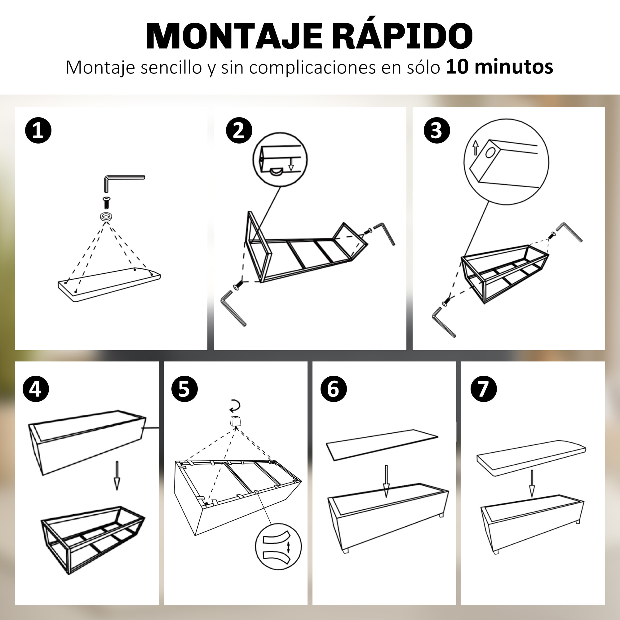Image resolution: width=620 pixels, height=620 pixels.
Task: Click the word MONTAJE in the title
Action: (x=234, y=36)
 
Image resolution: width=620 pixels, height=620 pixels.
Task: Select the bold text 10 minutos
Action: (x=499, y=67)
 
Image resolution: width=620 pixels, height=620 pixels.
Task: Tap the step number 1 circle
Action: (x=38, y=131)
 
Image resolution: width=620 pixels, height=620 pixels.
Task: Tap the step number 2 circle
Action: (x=239, y=131)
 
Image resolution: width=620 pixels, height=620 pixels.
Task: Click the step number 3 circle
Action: (x=437, y=131)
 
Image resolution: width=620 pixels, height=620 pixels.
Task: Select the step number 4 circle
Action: (x=36, y=389)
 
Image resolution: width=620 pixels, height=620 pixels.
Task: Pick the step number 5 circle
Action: (x=184, y=389)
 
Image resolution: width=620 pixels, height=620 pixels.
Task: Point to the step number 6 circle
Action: (x=334, y=389)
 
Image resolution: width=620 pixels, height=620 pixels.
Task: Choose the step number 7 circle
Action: (x=484, y=389)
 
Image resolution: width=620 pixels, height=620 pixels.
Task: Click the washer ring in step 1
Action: (x=107, y=217)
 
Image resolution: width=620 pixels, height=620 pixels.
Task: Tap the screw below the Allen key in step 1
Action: (x=107, y=202)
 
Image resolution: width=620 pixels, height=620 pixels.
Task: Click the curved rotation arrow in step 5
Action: (x=235, y=405)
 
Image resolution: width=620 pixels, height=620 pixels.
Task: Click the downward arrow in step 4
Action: (x=117, y=476)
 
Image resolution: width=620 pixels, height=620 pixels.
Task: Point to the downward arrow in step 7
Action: (x=532, y=483)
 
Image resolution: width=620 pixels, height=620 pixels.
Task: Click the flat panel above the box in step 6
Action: (x=382, y=444)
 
